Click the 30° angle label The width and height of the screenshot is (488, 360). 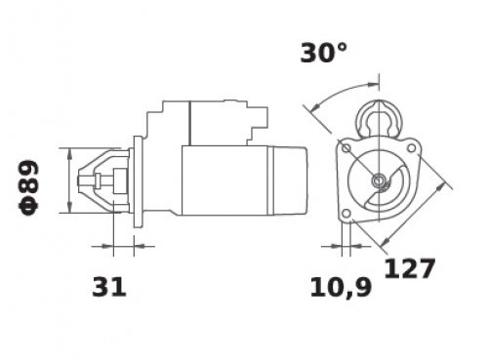(324, 53)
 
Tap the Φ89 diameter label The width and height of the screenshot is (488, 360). (28, 187)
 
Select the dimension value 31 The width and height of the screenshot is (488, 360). (109, 287)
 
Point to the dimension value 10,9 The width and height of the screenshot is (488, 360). (341, 288)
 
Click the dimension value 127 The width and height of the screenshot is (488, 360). (409, 268)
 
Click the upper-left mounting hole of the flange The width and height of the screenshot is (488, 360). (346, 148)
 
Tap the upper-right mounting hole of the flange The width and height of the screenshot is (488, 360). (411, 148)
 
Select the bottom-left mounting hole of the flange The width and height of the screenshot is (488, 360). (346, 214)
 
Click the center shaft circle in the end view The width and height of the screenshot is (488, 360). (379, 180)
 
